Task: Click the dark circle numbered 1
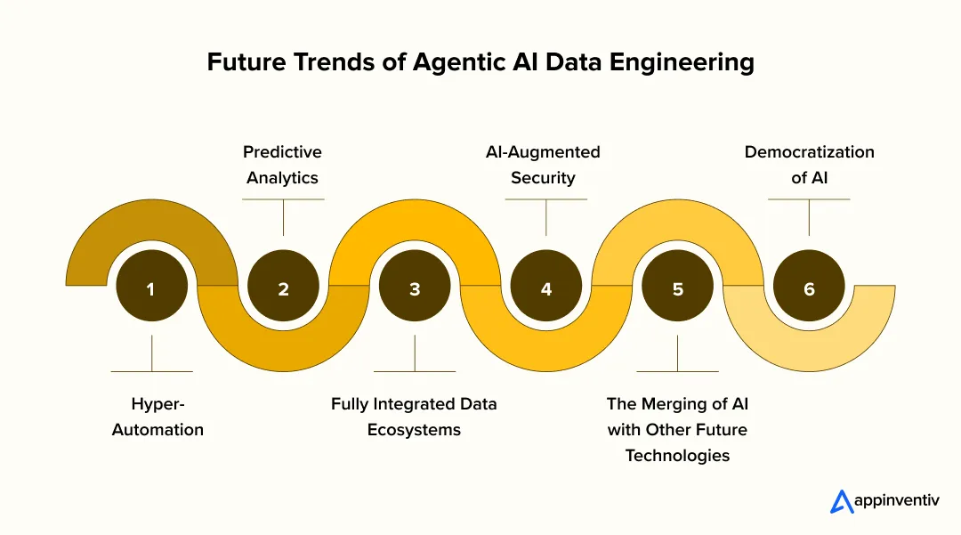151,288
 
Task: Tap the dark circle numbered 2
283,288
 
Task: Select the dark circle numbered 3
415,288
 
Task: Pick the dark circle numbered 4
546,288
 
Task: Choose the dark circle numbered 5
677,288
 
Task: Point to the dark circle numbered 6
809,288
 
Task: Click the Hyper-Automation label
157,417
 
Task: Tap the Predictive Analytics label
282,165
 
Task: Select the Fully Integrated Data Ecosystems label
414,417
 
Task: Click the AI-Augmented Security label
543,165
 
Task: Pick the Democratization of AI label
809,165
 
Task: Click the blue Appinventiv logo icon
842,502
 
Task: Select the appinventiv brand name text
896,502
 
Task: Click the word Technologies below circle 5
677,455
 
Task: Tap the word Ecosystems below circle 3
414,430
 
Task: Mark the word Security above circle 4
543,178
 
